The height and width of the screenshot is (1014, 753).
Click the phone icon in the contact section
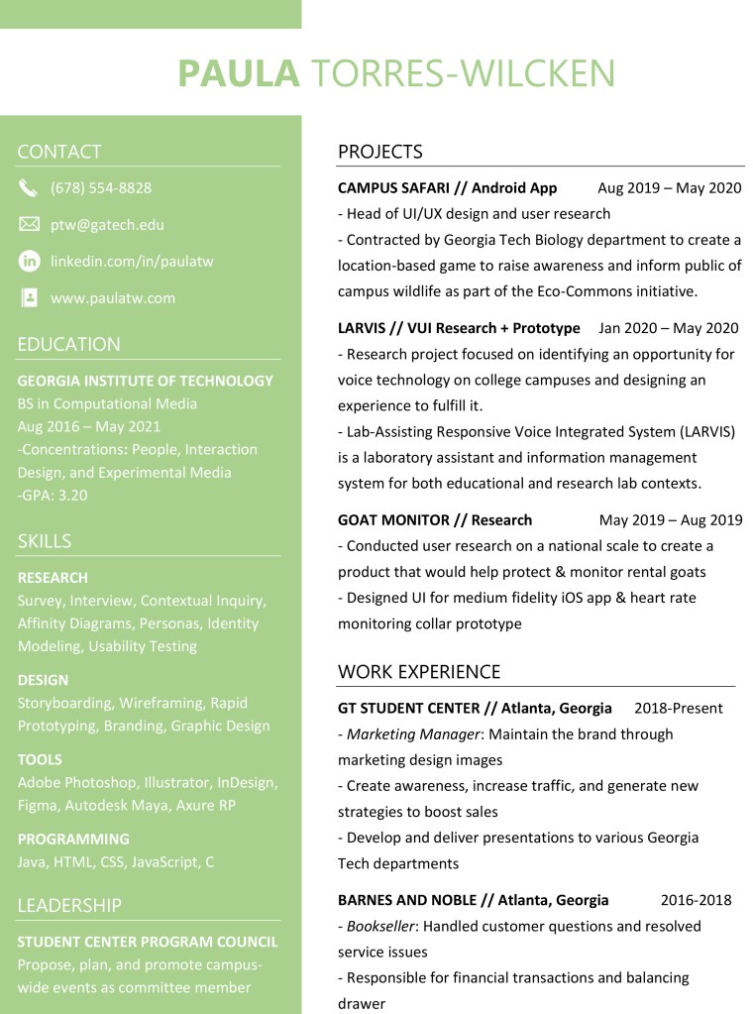28,188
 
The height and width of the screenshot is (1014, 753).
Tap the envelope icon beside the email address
29,225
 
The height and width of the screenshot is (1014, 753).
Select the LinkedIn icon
29,262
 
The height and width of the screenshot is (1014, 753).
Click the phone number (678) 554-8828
101,188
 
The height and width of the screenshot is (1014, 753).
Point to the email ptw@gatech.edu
107,225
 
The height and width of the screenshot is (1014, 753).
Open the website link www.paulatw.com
113,298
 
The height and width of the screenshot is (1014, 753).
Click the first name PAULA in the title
238,73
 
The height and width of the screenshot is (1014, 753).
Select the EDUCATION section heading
68,345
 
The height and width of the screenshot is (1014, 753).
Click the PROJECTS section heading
379,152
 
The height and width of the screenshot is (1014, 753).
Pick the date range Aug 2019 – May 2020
669,188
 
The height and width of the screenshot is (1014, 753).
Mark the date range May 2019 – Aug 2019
670,520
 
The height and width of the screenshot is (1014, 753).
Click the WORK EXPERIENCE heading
419,672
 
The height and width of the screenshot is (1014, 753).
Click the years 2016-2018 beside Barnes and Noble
696,901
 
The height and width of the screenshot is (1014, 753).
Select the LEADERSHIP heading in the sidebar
69,906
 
